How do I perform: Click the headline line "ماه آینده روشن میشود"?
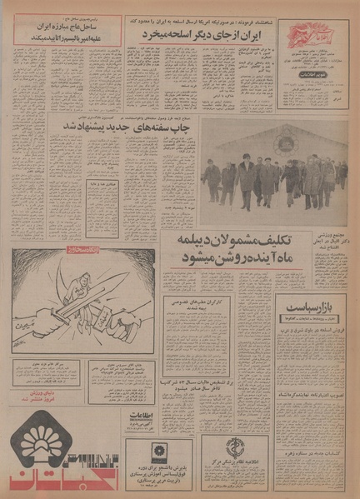pyautogui.click(x=222, y=258)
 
